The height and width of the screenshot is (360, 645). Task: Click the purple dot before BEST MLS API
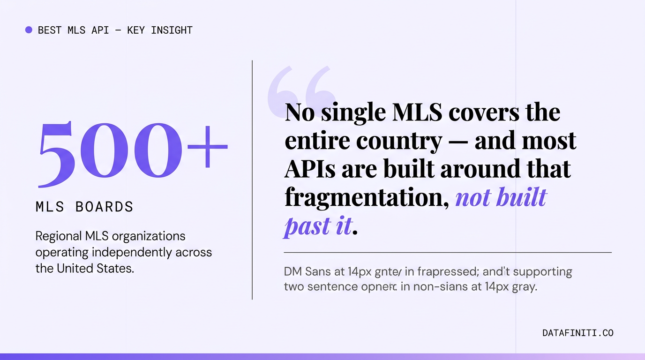(x=29, y=30)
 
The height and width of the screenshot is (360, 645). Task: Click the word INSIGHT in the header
(x=172, y=30)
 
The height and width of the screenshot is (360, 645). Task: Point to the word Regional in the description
(x=59, y=236)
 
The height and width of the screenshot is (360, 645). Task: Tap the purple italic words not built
(x=501, y=197)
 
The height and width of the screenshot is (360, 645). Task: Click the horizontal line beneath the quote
(x=448, y=253)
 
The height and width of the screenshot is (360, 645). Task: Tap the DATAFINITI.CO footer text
(x=577, y=333)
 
